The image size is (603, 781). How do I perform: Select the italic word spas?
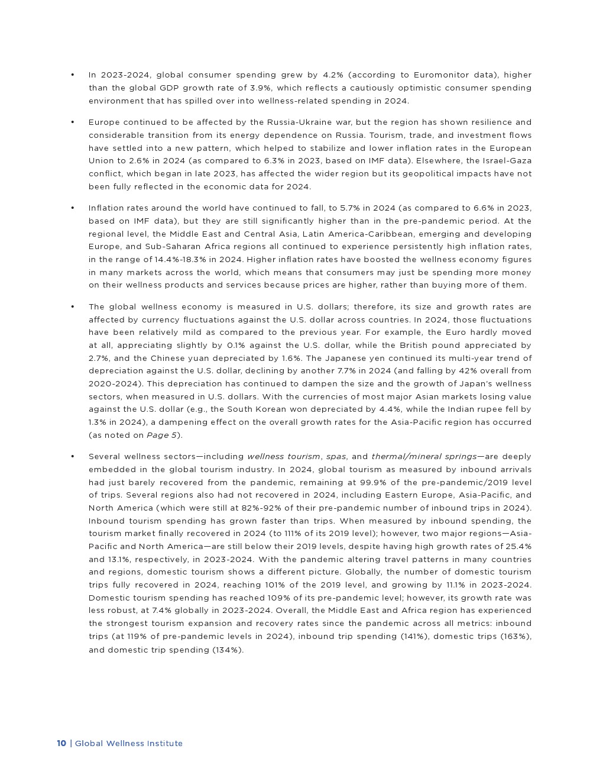(336, 457)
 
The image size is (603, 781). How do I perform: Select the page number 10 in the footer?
(61, 744)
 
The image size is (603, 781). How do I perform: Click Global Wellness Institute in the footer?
(129, 744)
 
